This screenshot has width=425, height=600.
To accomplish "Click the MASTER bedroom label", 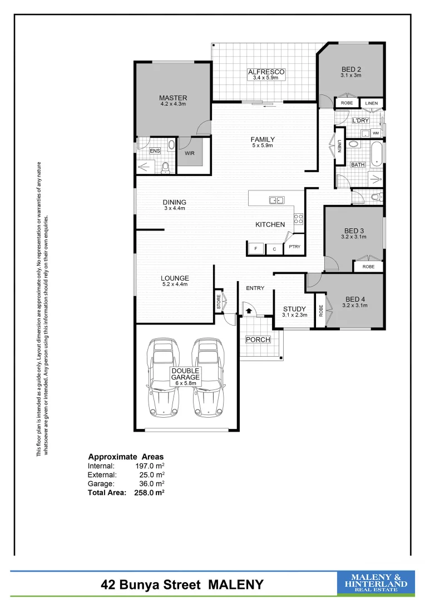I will (172, 98).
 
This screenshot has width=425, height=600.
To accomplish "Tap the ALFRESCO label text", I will (266, 72).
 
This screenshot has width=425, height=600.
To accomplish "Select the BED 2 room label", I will (352, 69).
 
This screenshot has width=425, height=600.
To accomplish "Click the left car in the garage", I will (163, 379).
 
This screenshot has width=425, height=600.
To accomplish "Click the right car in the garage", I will (207, 379).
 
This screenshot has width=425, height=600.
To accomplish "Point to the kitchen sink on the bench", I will (276, 200).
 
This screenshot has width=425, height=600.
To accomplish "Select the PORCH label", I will (258, 339).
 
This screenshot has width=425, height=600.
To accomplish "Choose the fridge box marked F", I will (255, 249).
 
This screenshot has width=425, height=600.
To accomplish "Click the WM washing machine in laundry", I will (375, 133).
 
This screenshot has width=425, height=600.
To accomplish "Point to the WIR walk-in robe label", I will (189, 153).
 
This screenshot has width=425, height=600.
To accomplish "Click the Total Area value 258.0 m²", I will (150, 492).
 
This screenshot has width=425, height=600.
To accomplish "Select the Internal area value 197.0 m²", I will (150, 466).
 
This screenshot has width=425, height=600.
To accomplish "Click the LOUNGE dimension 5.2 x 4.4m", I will (175, 284).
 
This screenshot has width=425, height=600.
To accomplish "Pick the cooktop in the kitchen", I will (298, 218).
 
